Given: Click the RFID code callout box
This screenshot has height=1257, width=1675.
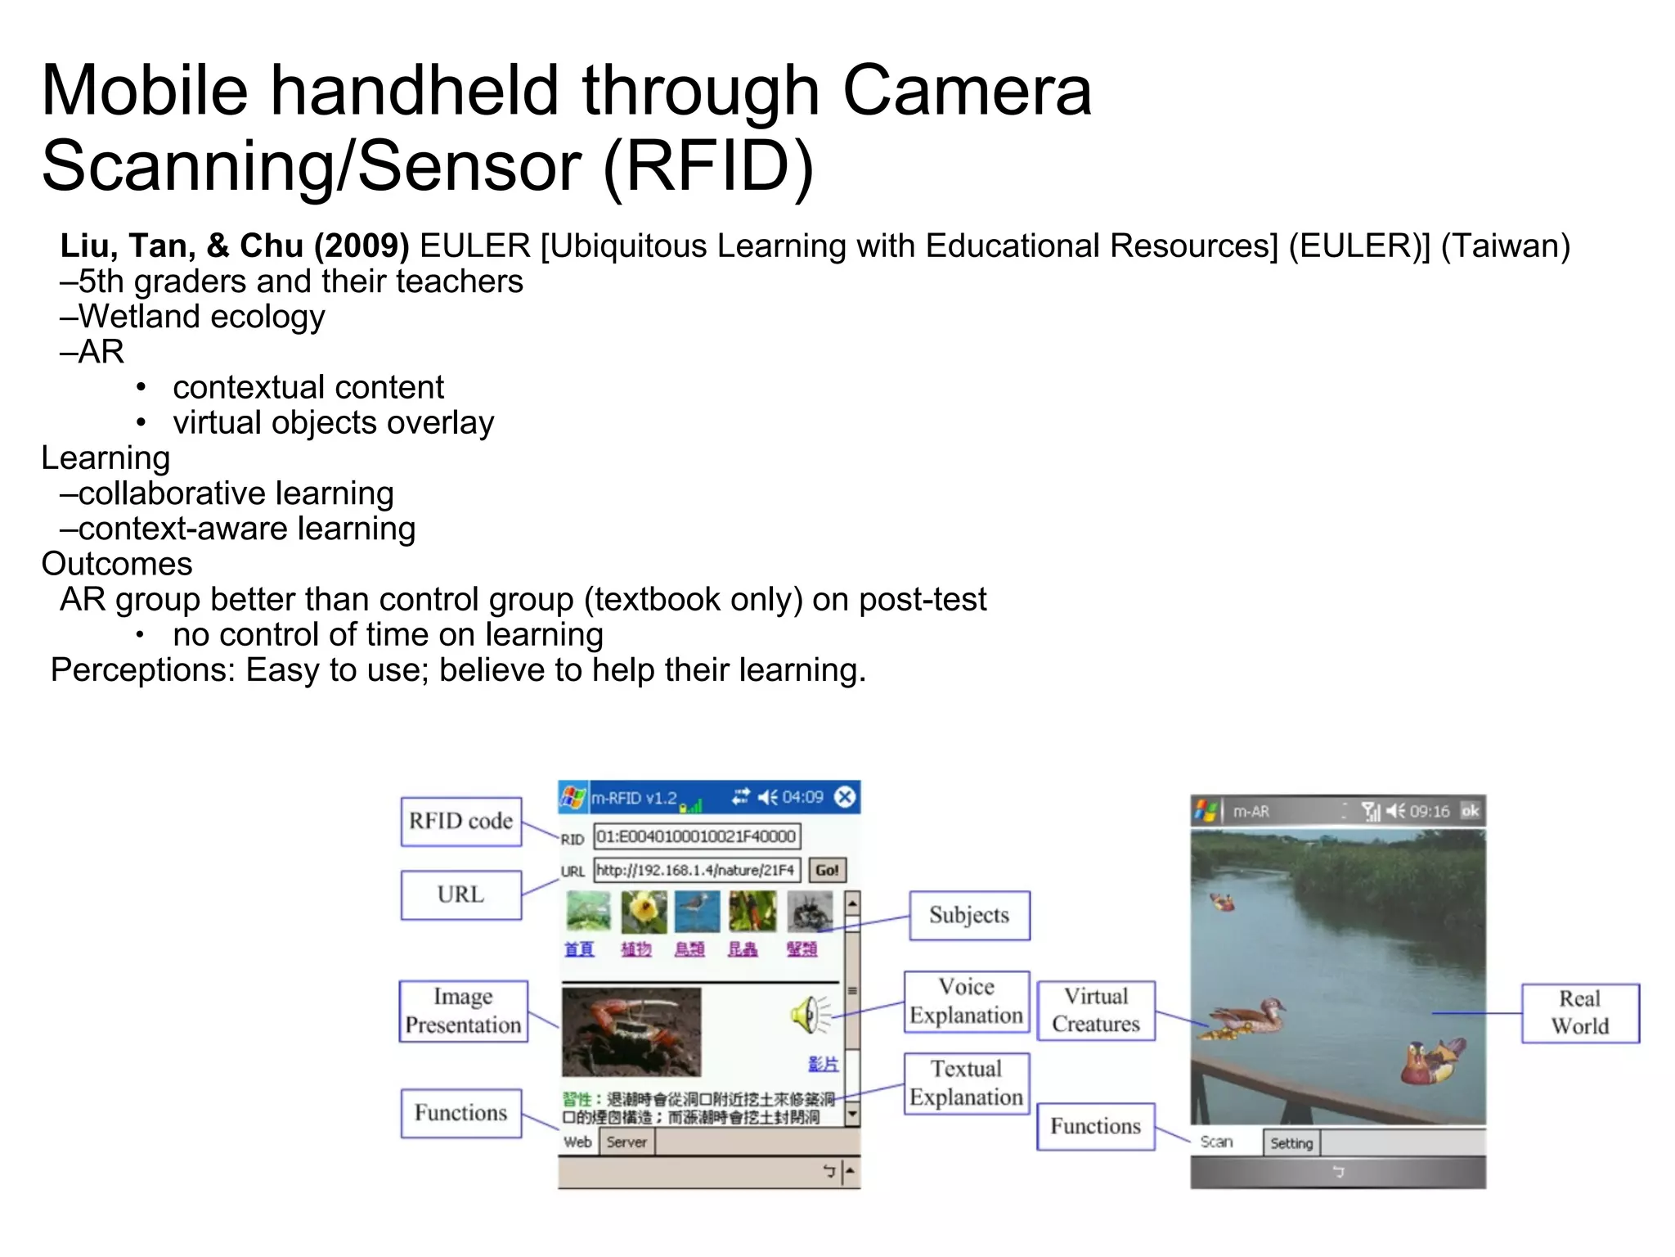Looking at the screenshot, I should [x=460, y=821].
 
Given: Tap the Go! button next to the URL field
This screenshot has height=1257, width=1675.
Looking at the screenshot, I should [x=827, y=870].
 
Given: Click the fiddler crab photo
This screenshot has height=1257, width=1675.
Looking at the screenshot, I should [x=631, y=1032].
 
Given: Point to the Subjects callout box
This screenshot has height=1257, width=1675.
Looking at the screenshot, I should [x=969, y=915].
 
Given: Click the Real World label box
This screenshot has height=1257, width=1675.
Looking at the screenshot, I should [x=1580, y=1012].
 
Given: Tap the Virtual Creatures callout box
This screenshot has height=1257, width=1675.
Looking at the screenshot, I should [x=1096, y=1011].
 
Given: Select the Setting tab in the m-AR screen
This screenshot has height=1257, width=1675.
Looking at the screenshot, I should [x=1291, y=1143].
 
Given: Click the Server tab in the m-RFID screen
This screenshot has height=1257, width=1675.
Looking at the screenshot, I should [x=626, y=1142].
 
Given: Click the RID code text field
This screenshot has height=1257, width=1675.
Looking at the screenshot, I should [x=696, y=836].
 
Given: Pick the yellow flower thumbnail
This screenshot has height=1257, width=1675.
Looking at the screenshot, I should [x=644, y=912].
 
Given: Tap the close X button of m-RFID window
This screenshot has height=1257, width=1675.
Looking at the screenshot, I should [x=846, y=797].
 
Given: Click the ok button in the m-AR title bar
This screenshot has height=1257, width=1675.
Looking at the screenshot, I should [x=1470, y=811].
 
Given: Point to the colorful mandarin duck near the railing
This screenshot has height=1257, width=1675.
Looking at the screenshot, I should [x=1432, y=1061].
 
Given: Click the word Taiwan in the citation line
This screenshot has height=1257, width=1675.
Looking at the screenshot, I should [x=1505, y=246].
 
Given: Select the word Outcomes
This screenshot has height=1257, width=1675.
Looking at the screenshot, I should [x=117, y=564].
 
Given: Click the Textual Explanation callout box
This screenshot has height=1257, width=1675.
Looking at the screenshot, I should [x=966, y=1083].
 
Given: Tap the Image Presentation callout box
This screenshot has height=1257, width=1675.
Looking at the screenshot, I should [x=463, y=1011].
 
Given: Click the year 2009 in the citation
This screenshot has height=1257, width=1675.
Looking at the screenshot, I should [x=361, y=246].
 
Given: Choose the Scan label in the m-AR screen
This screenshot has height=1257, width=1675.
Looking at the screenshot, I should [x=1216, y=1142].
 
